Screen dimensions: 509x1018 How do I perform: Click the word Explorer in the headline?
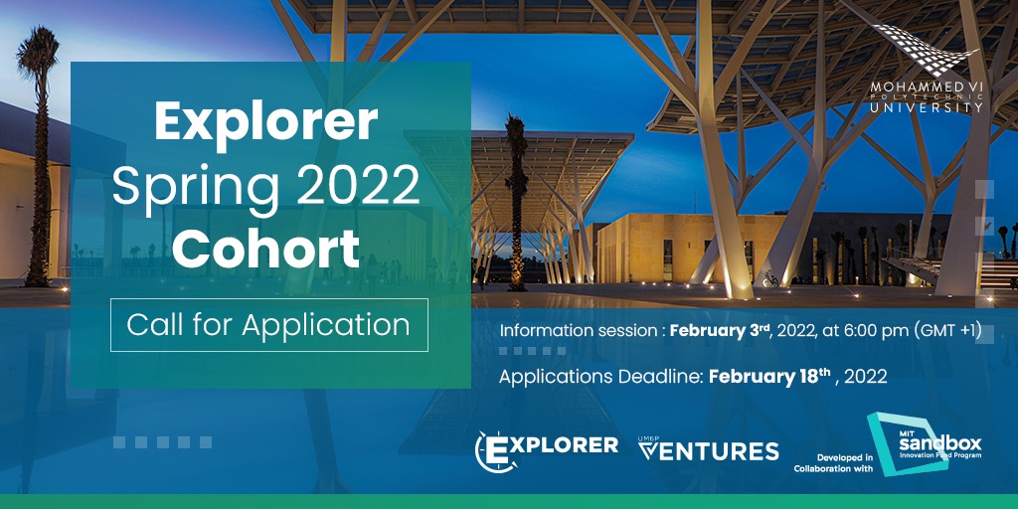(265, 123)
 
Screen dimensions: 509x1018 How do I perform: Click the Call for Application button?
(268, 325)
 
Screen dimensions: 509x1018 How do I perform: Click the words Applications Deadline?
(601, 378)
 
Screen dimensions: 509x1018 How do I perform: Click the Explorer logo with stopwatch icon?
(546, 448)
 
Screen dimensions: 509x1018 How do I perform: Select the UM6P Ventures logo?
(707, 449)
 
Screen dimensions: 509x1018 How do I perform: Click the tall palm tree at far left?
(40, 149)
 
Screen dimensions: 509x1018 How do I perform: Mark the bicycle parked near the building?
(770, 280)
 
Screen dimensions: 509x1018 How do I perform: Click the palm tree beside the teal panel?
(514, 199)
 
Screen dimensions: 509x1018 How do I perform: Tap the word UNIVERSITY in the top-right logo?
(926, 106)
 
